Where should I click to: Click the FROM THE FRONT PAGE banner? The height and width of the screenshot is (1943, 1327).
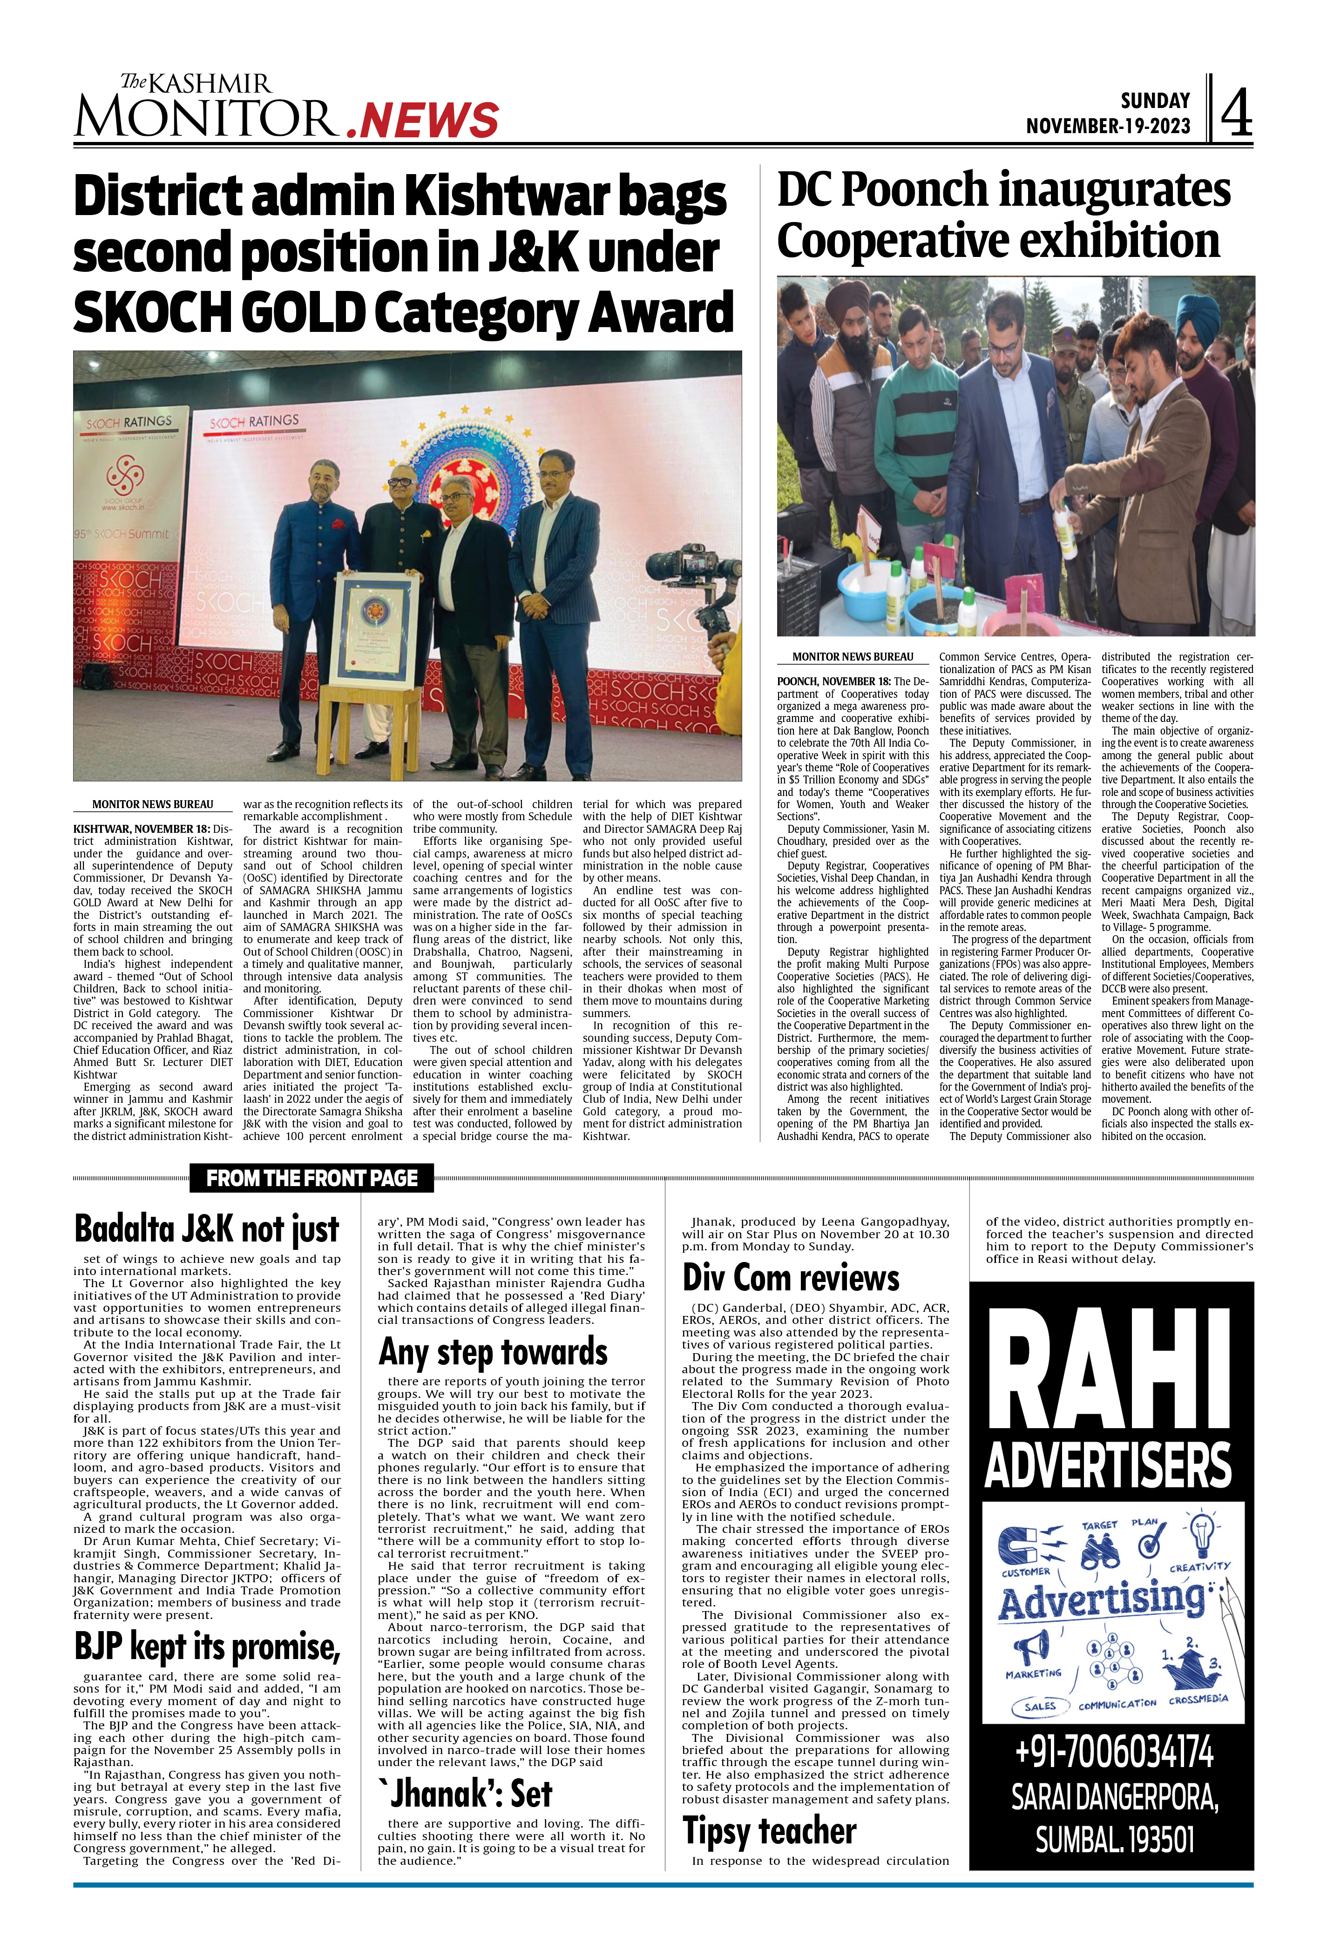coord(312,1178)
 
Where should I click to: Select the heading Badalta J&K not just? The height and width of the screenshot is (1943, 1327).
coord(207,1229)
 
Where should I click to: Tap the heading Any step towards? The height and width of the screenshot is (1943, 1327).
coord(494,1352)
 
